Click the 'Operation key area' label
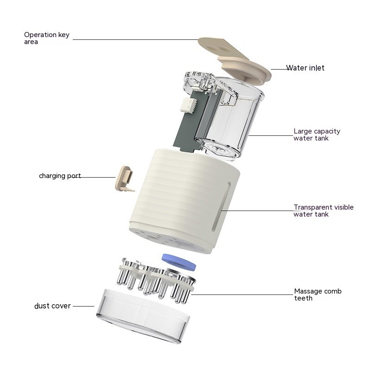click(x=47, y=38)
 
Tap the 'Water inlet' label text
click(x=305, y=68)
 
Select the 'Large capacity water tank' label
click(x=317, y=134)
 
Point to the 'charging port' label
click(x=60, y=176)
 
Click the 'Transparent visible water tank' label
click(x=323, y=211)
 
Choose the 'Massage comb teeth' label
click(x=318, y=294)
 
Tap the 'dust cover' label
click(x=52, y=306)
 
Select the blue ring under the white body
click(x=179, y=262)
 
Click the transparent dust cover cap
click(x=143, y=316)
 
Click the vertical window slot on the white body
click(x=221, y=206)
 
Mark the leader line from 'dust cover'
click(x=83, y=306)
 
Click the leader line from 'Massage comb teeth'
click(x=242, y=294)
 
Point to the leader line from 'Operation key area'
click(x=135, y=39)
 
